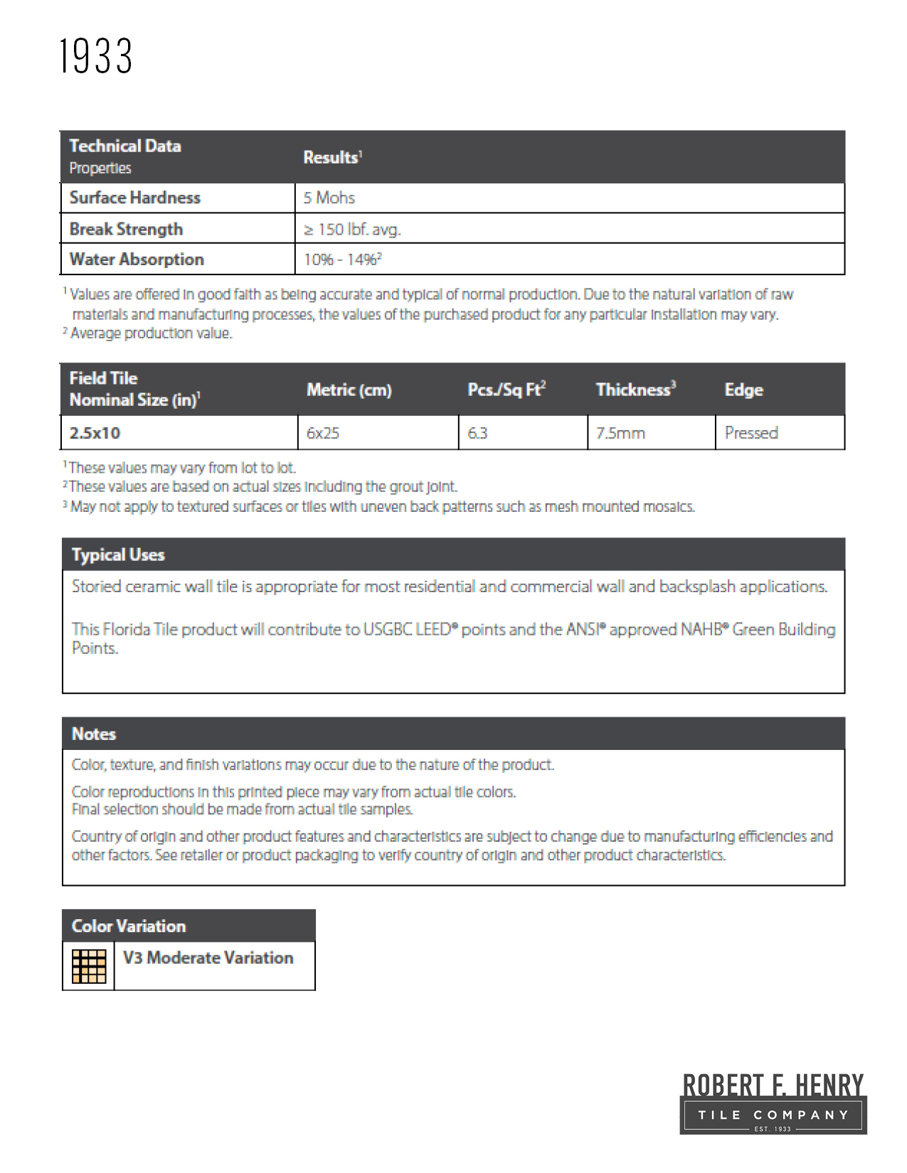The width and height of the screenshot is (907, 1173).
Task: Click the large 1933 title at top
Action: [x=96, y=56]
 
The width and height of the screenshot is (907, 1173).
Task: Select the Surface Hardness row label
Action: [x=135, y=198]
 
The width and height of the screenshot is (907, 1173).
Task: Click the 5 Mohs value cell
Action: [x=329, y=198]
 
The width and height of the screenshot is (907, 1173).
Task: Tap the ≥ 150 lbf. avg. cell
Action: [x=352, y=229]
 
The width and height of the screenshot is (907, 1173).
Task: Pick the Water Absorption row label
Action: [x=137, y=259]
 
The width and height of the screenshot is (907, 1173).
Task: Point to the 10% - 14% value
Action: [x=342, y=259]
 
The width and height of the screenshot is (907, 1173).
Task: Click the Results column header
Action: [x=332, y=157]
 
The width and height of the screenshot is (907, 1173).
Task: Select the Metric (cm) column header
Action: [x=349, y=390]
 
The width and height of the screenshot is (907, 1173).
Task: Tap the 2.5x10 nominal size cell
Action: [x=95, y=433]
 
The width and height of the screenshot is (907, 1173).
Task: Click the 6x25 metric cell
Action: [x=323, y=433]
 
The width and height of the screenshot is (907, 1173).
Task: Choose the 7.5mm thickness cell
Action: [x=620, y=433]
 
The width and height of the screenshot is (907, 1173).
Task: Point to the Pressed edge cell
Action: [x=751, y=433]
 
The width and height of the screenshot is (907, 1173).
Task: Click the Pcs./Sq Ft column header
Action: [x=506, y=390]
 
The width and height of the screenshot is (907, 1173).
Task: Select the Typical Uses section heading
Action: [x=118, y=555]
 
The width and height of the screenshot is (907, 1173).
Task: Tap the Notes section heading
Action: [x=94, y=734]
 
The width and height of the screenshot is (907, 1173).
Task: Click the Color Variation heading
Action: [x=129, y=926]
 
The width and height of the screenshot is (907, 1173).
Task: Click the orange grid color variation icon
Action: [x=89, y=966]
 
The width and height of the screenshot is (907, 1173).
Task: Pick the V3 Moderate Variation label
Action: [x=208, y=958]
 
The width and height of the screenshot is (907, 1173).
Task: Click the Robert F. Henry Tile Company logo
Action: [x=773, y=1103]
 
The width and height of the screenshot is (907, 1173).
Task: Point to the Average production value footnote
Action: [x=151, y=333]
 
